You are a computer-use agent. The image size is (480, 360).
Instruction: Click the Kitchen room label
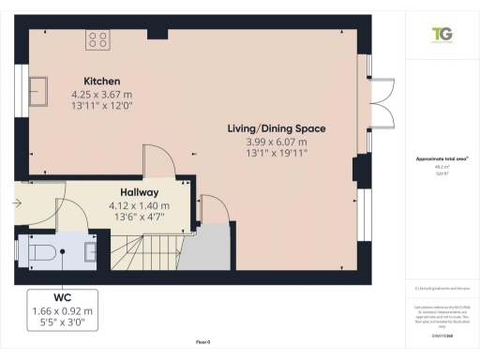coord(101,81)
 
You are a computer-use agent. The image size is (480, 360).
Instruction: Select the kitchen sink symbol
coord(41,90)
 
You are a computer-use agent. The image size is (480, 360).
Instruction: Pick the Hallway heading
coord(139,192)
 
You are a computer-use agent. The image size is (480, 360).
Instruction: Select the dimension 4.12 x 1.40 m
coord(139,205)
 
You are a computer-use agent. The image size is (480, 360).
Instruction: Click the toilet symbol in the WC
coord(42,252)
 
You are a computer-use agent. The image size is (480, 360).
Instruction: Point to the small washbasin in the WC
coord(90,250)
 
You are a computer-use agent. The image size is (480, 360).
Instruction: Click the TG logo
coord(442,34)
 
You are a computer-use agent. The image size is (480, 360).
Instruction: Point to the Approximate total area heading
coord(440,160)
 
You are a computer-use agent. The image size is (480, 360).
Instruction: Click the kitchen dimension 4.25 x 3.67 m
coord(101,94)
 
